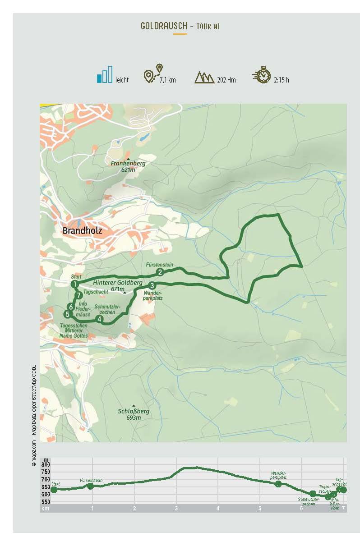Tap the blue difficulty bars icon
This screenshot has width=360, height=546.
point(104,75)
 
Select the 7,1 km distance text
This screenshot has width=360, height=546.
point(167,80)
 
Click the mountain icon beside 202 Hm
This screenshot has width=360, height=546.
point(204,77)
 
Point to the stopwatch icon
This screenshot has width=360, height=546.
point(262,75)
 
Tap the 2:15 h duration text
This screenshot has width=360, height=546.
point(281,80)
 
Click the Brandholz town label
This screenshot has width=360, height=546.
point(83,230)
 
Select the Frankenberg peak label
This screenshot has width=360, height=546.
point(129,164)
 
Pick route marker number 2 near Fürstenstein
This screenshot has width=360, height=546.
point(160,271)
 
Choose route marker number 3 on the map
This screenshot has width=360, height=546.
point(152,285)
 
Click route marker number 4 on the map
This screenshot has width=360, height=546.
point(100,318)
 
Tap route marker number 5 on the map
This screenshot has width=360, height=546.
point(67,314)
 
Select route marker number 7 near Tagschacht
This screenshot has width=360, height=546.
point(79,295)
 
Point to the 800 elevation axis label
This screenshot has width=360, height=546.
point(46,464)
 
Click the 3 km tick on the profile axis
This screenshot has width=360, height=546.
point(176,508)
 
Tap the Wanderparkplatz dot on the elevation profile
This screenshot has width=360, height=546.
point(278,484)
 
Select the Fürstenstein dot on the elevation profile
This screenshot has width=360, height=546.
point(90,486)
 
